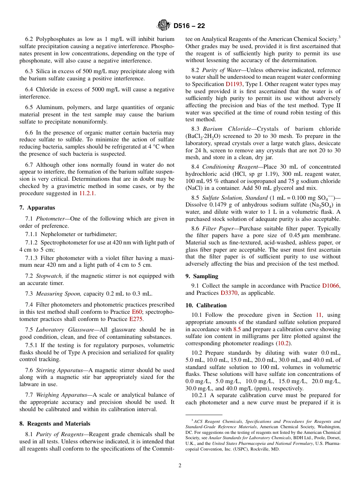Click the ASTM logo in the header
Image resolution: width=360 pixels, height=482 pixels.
click(164, 26)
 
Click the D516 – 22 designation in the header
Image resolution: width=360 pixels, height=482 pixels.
click(189, 26)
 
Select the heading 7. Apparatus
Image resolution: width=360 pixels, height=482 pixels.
click(37, 208)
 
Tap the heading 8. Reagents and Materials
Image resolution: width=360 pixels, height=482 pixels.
click(55, 424)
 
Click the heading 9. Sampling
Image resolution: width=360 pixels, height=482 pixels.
click(202, 276)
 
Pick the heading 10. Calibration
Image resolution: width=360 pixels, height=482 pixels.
click(206, 305)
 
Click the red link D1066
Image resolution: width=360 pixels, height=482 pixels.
click(331, 286)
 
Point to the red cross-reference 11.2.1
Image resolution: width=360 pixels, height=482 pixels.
click(87, 193)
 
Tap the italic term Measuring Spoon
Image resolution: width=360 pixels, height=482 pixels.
click(58, 294)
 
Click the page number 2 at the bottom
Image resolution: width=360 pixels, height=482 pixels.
click(180, 466)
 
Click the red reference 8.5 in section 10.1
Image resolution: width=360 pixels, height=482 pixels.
click(237, 329)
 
